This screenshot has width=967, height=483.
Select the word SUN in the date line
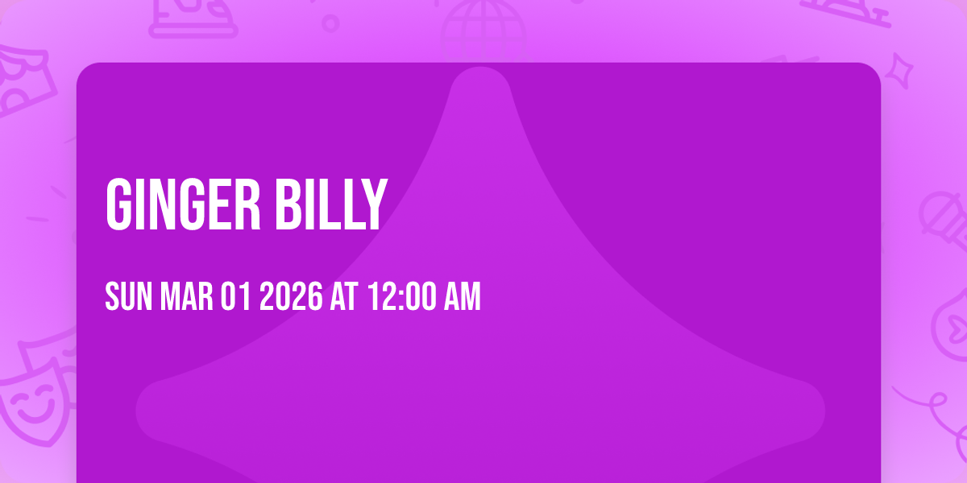coord(130,298)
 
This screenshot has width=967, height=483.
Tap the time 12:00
coord(398,298)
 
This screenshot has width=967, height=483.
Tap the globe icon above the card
coord(482,28)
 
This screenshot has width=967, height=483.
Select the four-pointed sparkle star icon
coord(903,68)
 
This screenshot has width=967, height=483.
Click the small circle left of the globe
coord(330,23)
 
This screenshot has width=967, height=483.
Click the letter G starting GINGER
coord(118,206)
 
